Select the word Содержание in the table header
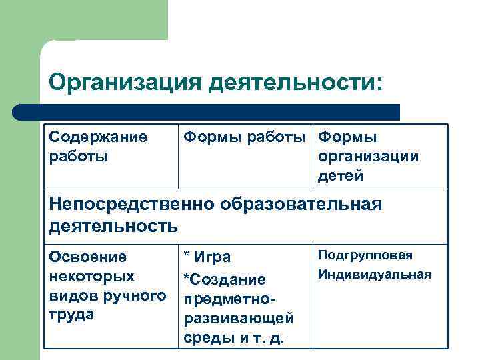click(x=97, y=137)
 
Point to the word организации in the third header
click(x=369, y=157)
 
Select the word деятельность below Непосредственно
click(x=113, y=225)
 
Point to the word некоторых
click(x=92, y=275)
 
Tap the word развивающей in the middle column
click(x=239, y=318)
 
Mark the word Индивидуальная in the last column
click(x=374, y=274)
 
